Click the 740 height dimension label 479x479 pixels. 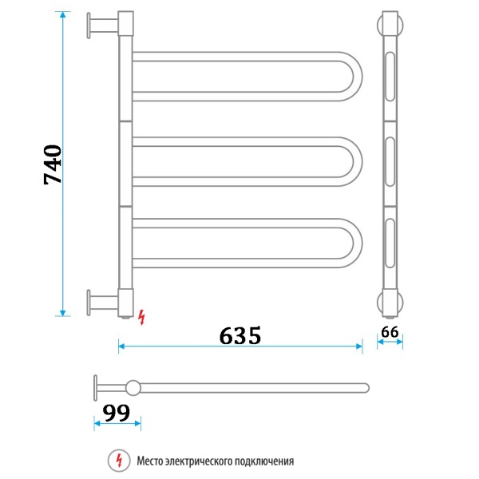53,165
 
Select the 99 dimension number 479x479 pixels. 117,413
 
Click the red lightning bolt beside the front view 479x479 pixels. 142,317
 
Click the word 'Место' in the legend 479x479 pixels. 151,461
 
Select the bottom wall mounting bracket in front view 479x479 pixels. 99,303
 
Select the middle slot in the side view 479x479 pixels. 390,164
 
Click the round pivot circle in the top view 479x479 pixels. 133,388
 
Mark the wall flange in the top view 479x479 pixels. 96,388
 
